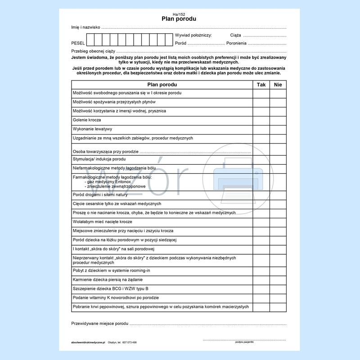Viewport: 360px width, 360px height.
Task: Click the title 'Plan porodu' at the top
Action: click(x=179, y=19)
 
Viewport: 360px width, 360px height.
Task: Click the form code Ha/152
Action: click(x=179, y=14)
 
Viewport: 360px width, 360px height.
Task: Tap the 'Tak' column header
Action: click(x=261, y=85)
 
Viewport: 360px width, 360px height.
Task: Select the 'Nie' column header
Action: click(x=278, y=85)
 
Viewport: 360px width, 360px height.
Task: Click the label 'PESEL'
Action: click(x=78, y=43)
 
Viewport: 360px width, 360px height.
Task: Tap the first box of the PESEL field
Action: click(x=90, y=40)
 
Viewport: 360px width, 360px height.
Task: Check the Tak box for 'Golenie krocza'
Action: click(x=261, y=120)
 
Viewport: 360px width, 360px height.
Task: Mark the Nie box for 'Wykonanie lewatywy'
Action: click(x=278, y=129)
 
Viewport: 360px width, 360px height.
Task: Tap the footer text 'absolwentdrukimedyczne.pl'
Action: click(x=88, y=342)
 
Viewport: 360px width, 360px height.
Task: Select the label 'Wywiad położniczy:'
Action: click(x=193, y=35)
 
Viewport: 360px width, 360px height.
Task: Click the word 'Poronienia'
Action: click(x=236, y=43)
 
